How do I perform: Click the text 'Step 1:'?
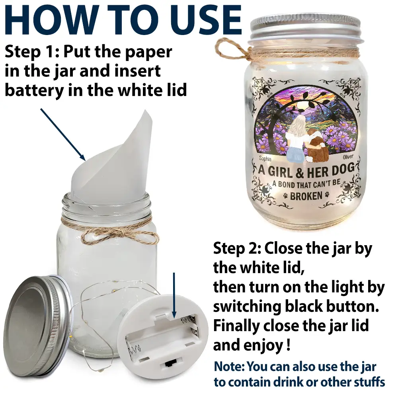pos(32,52)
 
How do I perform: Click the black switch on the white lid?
pos(169,364)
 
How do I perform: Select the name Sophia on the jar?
pos(265,159)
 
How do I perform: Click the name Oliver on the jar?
pos(348,157)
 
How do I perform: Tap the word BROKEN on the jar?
pos(306,196)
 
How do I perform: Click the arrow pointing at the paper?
pos(63,135)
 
